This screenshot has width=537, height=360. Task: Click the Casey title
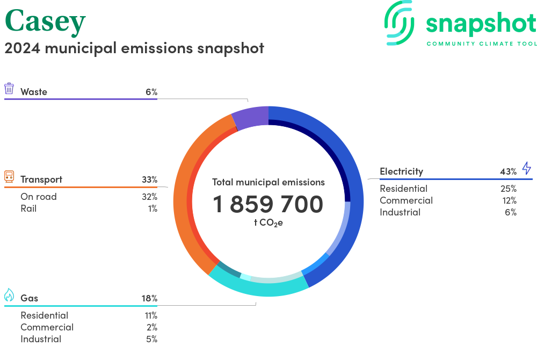pyautogui.click(x=45, y=21)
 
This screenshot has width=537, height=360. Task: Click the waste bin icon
pyautogui.click(x=9, y=89)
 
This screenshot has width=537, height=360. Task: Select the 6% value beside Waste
pyautogui.click(x=151, y=92)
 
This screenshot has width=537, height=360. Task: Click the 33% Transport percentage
pyautogui.click(x=149, y=179)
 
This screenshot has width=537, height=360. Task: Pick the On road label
pyautogui.click(x=38, y=197)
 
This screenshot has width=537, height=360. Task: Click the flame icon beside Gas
pyautogui.click(x=9, y=295)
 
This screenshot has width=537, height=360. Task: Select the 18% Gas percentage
pyautogui.click(x=149, y=298)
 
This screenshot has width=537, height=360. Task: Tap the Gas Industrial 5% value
pyautogui.click(x=151, y=339)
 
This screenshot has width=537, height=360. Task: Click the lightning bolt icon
pyautogui.click(x=526, y=168)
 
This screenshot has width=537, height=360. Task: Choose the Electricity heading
pyautogui.click(x=401, y=171)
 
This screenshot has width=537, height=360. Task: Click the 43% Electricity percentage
pyautogui.click(x=508, y=171)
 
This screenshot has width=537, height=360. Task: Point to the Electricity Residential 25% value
pyautogui.click(x=508, y=189)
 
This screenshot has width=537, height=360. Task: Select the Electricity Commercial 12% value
pyautogui.click(x=508, y=200)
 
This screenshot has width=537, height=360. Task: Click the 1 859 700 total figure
pyautogui.click(x=268, y=204)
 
